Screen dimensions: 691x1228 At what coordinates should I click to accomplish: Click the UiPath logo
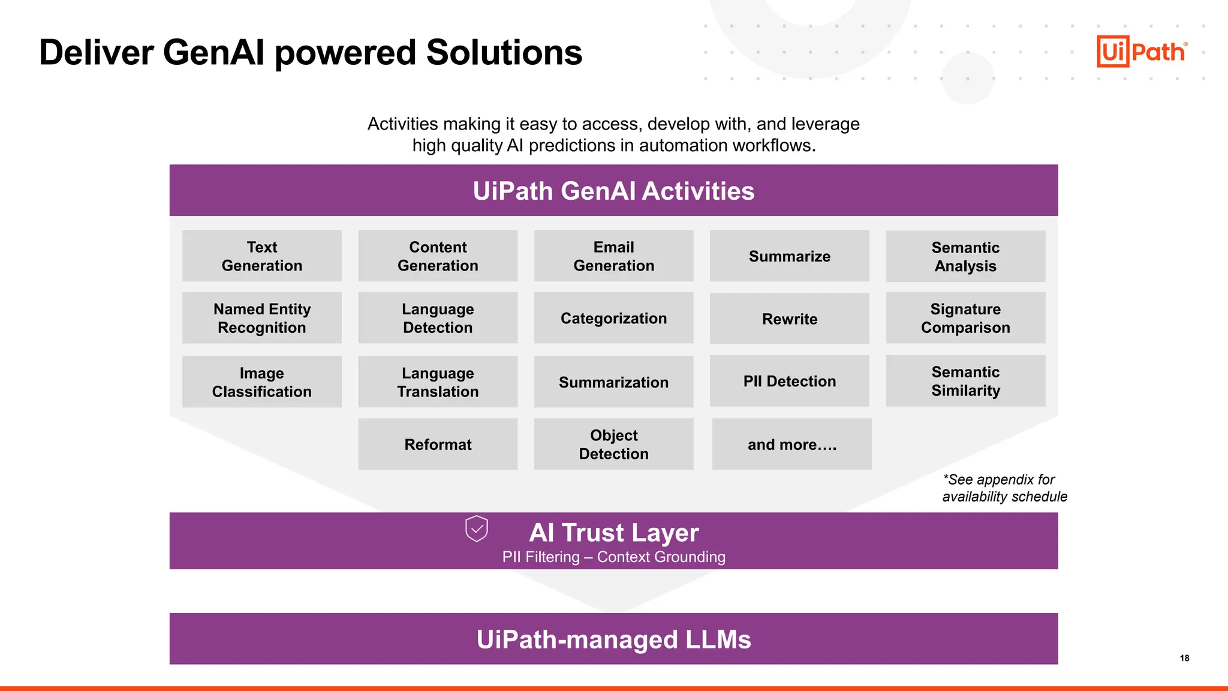click(x=1141, y=52)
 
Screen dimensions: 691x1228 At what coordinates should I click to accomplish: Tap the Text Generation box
click(x=262, y=256)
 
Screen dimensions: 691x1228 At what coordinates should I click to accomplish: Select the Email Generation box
click(x=613, y=256)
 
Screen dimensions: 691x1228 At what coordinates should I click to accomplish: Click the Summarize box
click(x=789, y=256)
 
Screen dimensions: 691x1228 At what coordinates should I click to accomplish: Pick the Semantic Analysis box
click(x=965, y=257)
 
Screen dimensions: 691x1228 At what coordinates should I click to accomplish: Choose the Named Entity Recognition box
click(x=262, y=318)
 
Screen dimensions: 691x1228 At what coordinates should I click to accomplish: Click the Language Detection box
click(x=438, y=318)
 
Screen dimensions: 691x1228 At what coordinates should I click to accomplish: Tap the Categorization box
click(x=613, y=318)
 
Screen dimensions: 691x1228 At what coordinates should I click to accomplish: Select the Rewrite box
click(x=789, y=319)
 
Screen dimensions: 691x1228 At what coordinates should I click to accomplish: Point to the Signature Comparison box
click(x=965, y=318)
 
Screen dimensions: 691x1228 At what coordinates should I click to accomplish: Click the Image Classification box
click(x=262, y=382)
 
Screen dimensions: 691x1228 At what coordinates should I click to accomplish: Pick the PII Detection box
click(x=789, y=381)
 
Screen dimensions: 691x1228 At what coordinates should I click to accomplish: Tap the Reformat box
click(x=438, y=444)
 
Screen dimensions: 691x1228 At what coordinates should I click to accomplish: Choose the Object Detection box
click(x=613, y=444)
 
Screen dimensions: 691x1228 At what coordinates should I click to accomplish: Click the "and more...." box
click(x=791, y=444)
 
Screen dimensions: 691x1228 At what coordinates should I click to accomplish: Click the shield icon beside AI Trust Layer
click(x=477, y=528)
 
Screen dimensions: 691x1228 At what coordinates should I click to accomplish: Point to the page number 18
click(x=1184, y=658)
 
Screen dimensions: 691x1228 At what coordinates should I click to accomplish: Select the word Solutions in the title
click(x=504, y=53)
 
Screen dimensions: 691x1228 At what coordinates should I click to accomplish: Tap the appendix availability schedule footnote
click(x=1004, y=488)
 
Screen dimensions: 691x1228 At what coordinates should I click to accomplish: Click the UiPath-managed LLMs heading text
click(x=613, y=639)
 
